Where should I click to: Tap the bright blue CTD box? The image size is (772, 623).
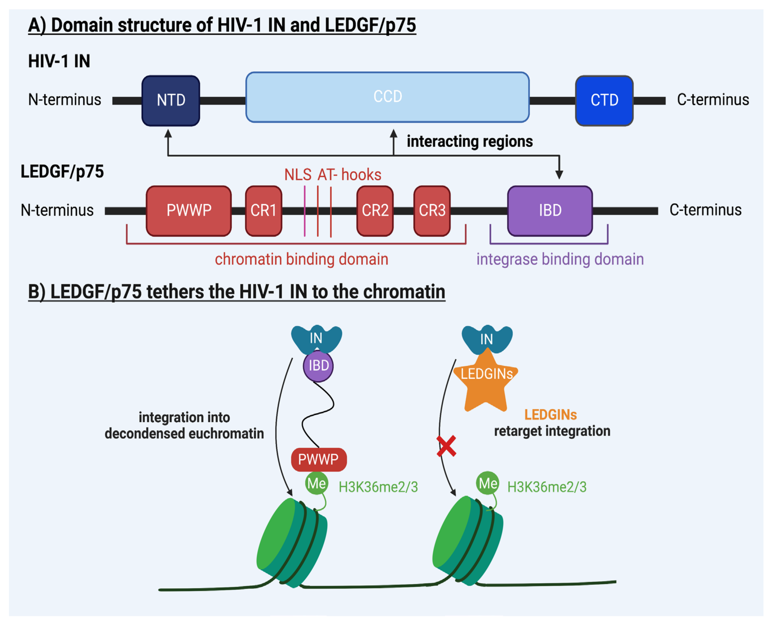click(604, 101)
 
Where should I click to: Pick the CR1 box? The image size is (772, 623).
click(263, 211)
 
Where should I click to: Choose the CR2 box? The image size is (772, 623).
click(375, 211)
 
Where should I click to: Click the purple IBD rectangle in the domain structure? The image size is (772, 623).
click(550, 211)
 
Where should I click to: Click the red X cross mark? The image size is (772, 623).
click(446, 446)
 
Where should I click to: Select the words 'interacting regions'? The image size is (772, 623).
click(470, 142)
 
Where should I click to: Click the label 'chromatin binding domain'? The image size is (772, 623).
click(302, 259)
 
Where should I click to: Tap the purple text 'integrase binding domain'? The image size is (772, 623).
click(560, 259)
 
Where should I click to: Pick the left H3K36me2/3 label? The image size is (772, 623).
click(378, 487)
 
